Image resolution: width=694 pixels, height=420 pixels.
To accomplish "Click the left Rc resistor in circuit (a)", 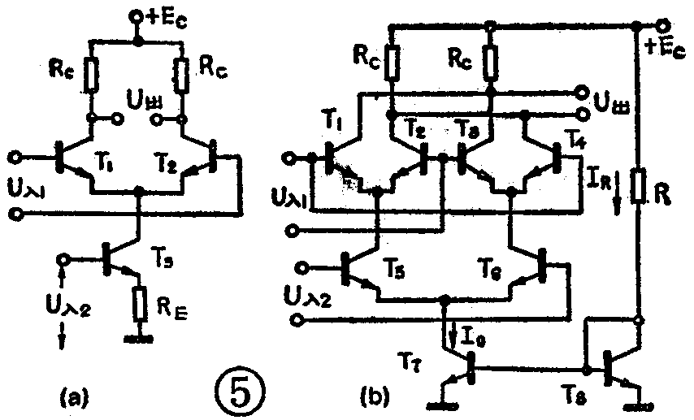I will click(91, 75).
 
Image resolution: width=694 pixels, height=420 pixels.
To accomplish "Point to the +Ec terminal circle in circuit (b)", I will click(664, 25).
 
